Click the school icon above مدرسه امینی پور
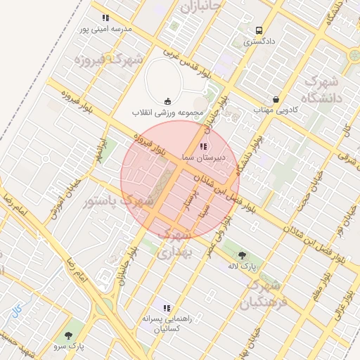point(105,18)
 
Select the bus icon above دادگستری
point(259,31)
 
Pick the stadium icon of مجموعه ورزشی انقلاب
point(167,101)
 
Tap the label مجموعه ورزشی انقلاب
point(167,112)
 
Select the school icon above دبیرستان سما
point(203,146)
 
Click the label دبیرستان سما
point(203,157)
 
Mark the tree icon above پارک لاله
point(243,255)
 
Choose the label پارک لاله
point(243,266)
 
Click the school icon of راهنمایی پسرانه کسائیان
point(167,308)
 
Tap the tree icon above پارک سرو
point(68,335)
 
